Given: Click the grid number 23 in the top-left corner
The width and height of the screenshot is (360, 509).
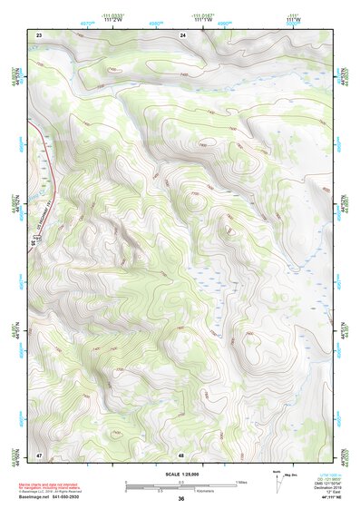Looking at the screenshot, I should (x=39, y=34).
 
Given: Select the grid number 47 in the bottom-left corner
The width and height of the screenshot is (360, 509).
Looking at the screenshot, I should (x=39, y=454).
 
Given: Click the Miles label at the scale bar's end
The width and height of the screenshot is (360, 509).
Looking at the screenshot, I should (x=240, y=482).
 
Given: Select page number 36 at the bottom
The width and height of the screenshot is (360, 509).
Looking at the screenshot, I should (x=181, y=499).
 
